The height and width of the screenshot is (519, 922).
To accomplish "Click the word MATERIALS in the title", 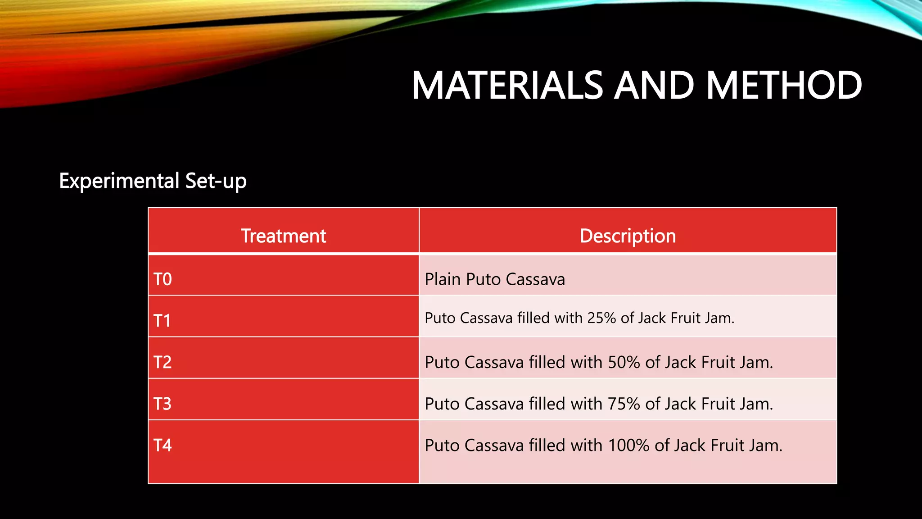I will point(507,86).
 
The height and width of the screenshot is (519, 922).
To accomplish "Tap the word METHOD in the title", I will point(784,86).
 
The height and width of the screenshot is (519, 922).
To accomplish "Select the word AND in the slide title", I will point(654,86).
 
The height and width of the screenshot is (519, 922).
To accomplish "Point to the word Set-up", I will point(216,181).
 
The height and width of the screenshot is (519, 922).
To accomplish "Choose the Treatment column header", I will point(283,236).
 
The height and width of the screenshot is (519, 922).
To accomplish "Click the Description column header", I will point(628,236).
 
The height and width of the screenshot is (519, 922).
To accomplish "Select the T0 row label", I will point(163,279).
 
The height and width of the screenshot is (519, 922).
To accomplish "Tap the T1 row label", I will point(162,321).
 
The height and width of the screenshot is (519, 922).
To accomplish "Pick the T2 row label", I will point(163,362).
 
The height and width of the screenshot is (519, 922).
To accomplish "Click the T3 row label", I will point(163,404).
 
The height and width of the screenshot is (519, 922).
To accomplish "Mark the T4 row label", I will point(163,445).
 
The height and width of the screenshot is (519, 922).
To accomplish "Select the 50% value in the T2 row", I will point(624,362).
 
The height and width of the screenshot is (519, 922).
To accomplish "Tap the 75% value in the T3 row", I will point(624,404).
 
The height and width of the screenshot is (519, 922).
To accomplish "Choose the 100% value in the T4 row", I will point(628,445).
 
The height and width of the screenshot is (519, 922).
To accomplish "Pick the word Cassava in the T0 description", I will point(535,279).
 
